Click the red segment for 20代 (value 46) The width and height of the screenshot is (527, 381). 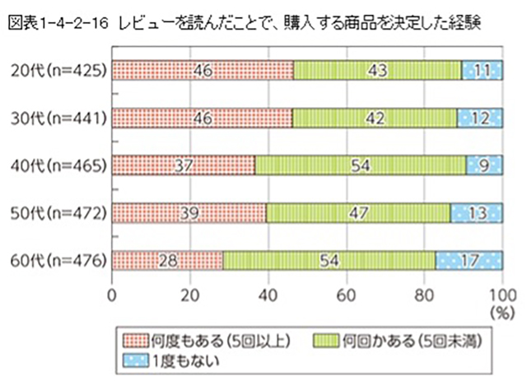pos(202,71)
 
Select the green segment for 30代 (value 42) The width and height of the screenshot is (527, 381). pos(375,118)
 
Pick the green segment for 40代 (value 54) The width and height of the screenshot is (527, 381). pos(361,165)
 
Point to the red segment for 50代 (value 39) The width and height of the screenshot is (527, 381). pos(189,213)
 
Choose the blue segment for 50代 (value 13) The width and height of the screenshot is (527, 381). pos(477,213)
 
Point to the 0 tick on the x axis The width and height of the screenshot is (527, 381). pos(111,293)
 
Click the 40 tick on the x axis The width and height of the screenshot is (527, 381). pos(268,293)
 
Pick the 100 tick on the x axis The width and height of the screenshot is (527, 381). pos(501,293)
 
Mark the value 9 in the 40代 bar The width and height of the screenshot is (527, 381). pos(486,165)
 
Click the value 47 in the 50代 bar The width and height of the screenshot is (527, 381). pos(358,213)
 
